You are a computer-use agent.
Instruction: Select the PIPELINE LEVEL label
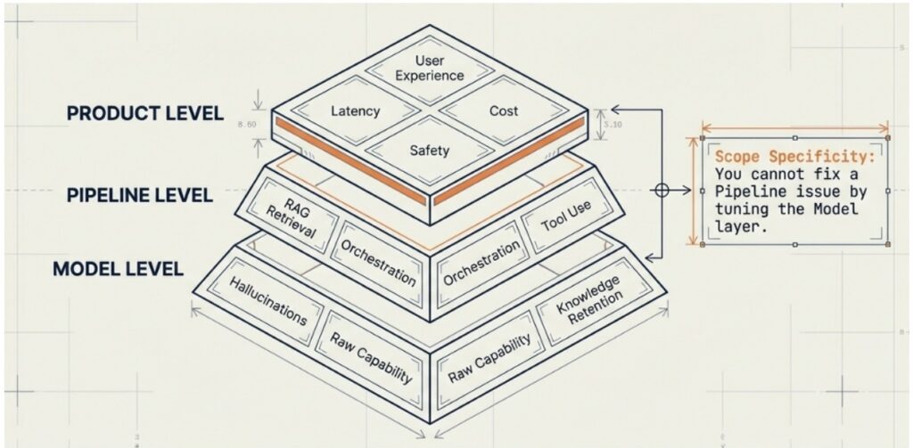click(140, 194)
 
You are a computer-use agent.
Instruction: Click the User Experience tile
click(430, 69)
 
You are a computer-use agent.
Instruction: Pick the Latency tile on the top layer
click(355, 111)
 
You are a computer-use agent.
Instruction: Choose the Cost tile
click(504, 111)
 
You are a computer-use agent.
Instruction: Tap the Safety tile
click(430, 151)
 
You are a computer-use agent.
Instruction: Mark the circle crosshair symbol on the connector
click(662, 190)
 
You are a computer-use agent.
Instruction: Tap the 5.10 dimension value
click(613, 124)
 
